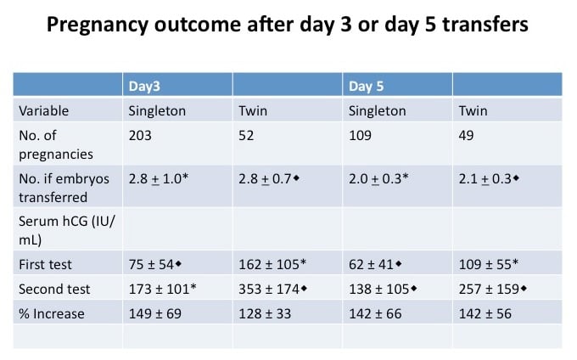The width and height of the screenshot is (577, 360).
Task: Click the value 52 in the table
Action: coord(245,135)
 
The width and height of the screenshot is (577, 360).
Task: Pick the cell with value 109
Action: coord(360,135)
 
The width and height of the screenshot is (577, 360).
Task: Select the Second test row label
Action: coord(53,290)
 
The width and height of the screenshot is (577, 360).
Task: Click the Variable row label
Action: coord(43,110)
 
